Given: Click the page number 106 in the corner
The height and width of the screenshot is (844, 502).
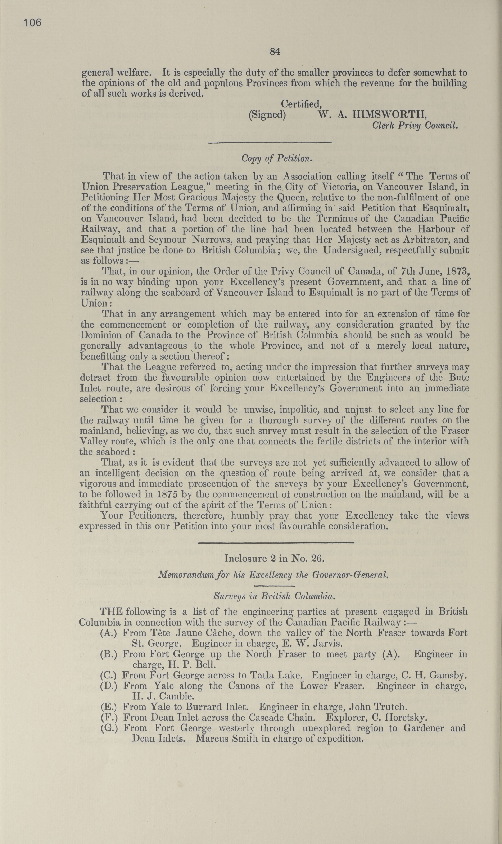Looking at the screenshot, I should coord(32,23).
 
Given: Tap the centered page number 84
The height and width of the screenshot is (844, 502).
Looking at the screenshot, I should coord(275,51).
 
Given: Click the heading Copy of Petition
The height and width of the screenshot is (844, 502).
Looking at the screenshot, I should coord(276,158).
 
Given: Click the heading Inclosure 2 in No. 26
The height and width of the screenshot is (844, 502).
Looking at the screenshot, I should coord(275,558).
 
